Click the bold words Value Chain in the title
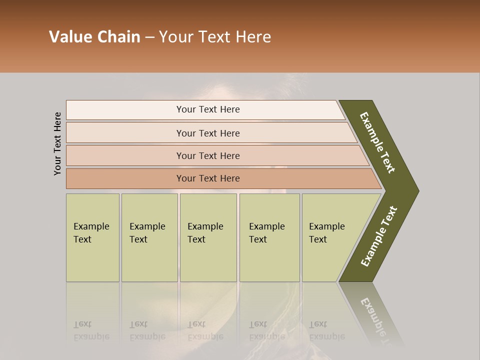[94, 37]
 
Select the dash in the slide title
[149, 37]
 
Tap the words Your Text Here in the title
[215, 37]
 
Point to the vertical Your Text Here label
[57, 143]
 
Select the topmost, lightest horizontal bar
[207, 109]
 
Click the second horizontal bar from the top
[207, 133]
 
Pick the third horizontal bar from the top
[207, 155]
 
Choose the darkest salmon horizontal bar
[207, 178]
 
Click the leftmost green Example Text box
[92, 237]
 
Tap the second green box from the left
[149, 237]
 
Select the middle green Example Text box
[208, 237]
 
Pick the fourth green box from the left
[269, 237]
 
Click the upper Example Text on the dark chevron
[377, 142]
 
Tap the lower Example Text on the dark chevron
[378, 236]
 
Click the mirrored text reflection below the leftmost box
[91, 330]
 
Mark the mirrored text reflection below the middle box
[205, 330]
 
